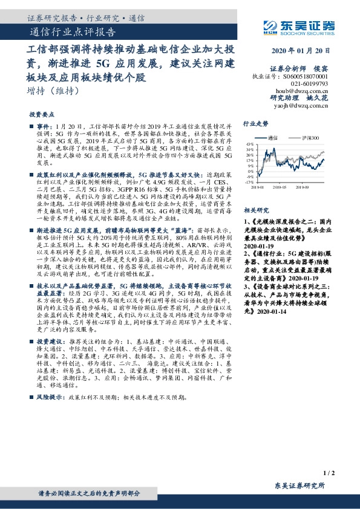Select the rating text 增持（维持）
pyautogui.click(x=53, y=91)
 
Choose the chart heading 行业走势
pyautogui.click(x=255, y=123)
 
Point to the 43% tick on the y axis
pyautogui.click(x=250, y=144)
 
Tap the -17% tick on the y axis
pyautogui.click(x=249, y=181)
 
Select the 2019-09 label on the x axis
pyautogui.click(x=310, y=188)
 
